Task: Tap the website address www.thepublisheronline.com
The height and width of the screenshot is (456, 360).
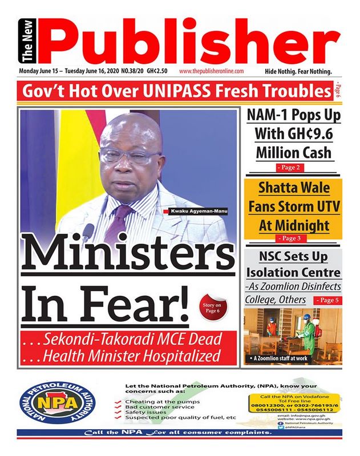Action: tap(212, 71)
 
